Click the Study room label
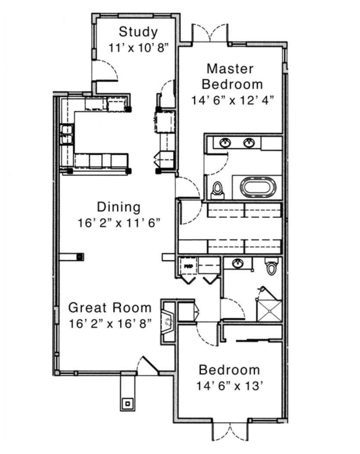click(138, 32)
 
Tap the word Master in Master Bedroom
click(230, 69)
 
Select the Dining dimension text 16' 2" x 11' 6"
click(119, 223)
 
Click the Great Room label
click(110, 307)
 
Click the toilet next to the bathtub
click(217, 191)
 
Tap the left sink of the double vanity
click(225, 142)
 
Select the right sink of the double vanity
click(249, 142)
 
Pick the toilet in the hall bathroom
click(272, 266)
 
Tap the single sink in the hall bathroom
click(238, 263)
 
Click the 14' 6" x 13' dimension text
click(230, 386)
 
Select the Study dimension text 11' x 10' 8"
click(138, 48)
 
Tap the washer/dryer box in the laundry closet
click(188, 266)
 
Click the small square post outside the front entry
click(128, 403)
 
